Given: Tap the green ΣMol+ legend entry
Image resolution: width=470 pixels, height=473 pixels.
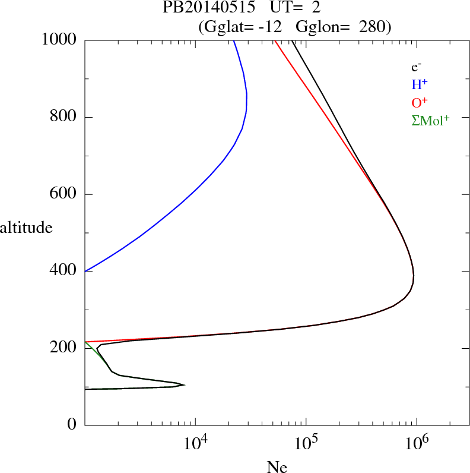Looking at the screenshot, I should point(430,120).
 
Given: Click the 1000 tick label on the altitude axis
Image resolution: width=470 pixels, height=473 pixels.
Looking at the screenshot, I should point(59,40).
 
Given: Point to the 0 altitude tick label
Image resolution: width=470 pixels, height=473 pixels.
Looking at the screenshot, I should point(73,424).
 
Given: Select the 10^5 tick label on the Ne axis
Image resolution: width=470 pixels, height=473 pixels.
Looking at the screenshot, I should point(306,443).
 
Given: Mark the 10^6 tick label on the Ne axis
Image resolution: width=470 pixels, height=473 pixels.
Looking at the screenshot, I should point(417,443).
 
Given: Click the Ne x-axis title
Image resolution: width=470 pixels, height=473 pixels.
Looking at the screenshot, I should point(277,467).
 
